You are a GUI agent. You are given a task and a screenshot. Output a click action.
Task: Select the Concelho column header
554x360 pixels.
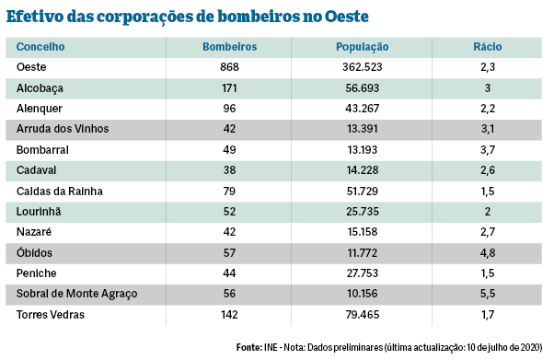(40, 47)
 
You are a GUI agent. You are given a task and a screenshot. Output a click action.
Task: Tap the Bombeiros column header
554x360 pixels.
(229, 47)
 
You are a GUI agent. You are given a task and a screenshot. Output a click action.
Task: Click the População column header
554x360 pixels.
(363, 47)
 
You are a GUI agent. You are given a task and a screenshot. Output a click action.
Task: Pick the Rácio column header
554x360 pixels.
(487, 47)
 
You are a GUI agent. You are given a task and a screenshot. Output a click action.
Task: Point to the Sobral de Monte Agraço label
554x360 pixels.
(75, 294)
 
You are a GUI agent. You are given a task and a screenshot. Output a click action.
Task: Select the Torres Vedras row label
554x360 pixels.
(52, 314)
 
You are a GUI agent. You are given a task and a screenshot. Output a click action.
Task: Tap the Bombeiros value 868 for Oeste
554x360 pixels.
(229, 67)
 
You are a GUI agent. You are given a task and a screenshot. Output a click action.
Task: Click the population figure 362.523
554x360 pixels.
(363, 67)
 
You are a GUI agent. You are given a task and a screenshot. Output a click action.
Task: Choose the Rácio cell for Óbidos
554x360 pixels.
(487, 252)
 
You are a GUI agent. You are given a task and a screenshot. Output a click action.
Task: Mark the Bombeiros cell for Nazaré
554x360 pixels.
(229, 232)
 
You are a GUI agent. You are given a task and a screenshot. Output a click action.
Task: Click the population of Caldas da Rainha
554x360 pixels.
(363, 191)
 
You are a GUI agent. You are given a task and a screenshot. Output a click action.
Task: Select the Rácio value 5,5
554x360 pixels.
(487, 294)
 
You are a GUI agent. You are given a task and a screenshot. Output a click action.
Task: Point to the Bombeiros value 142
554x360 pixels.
(229, 314)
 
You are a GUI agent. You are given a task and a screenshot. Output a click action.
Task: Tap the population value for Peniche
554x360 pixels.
(363, 273)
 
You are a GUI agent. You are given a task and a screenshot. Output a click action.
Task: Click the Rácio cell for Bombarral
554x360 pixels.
(487, 150)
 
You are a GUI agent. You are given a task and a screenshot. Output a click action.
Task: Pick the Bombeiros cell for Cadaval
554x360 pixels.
(229, 170)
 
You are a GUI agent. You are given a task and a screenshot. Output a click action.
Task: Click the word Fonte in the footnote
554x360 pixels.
(248, 347)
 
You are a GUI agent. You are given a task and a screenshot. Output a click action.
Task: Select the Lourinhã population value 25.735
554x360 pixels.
(363, 212)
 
